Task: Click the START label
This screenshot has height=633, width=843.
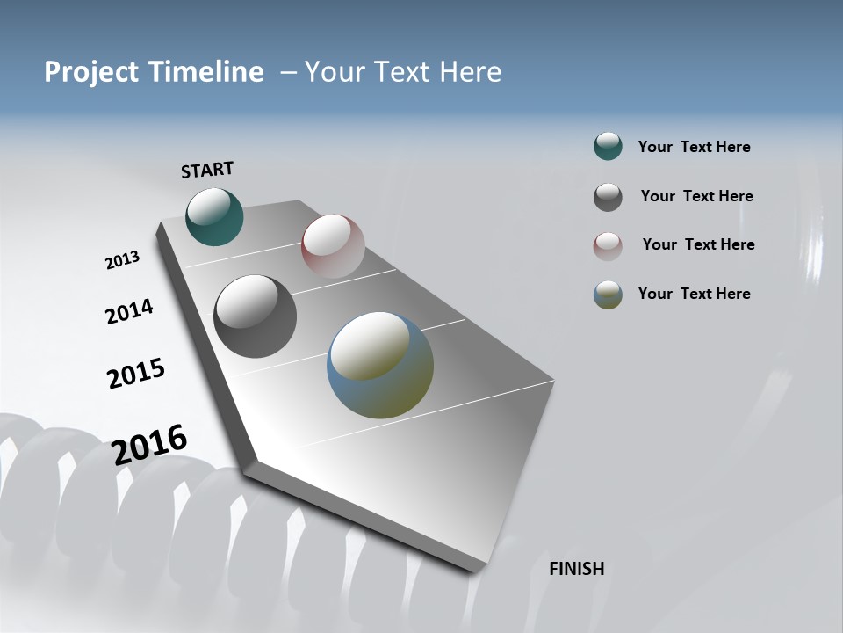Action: pyautogui.click(x=207, y=169)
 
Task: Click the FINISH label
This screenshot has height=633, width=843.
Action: pyautogui.click(x=577, y=569)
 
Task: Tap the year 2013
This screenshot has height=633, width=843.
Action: pyautogui.click(x=122, y=260)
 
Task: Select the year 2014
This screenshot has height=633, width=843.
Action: pyautogui.click(x=129, y=312)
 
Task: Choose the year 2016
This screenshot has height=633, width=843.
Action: pyautogui.click(x=149, y=445)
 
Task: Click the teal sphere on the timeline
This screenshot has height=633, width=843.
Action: pyautogui.click(x=214, y=216)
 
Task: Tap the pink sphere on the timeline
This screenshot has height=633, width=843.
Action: pyautogui.click(x=333, y=245)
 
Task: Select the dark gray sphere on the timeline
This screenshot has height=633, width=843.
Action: pyautogui.click(x=255, y=316)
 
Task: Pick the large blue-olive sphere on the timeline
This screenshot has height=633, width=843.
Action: pyautogui.click(x=380, y=365)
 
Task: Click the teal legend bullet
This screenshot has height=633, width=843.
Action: pyautogui.click(x=608, y=147)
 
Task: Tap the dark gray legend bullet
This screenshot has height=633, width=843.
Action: pyautogui.click(x=608, y=196)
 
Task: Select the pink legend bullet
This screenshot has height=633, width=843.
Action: pyautogui.click(x=608, y=245)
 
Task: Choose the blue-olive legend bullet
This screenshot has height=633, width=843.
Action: pyautogui.click(x=608, y=295)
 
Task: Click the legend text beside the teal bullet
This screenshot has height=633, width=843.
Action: pyautogui.click(x=694, y=147)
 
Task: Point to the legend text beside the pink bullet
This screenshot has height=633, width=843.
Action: pyautogui.click(x=698, y=244)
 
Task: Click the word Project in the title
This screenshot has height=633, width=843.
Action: pyautogui.click(x=92, y=72)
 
